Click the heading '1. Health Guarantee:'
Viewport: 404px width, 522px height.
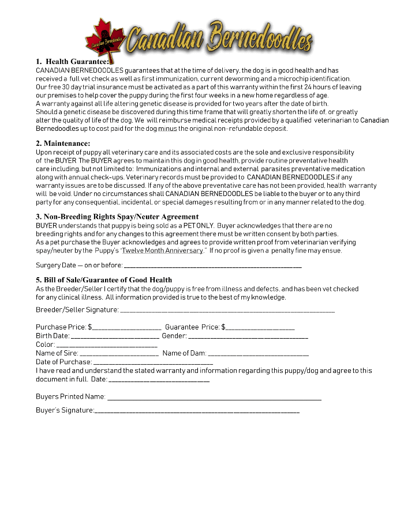coord(72,61)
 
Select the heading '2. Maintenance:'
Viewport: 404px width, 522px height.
coord(63,143)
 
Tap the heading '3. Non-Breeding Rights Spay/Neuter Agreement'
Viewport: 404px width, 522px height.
coord(117,217)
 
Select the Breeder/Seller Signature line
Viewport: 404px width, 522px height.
coord(227,311)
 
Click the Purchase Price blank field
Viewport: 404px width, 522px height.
coord(127,328)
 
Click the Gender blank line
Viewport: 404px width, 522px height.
coord(248,336)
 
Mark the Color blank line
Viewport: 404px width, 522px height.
coord(107,345)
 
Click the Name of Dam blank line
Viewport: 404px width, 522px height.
coord(258,354)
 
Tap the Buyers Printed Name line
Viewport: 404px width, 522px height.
coord(214,398)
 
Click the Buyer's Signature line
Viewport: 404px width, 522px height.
coord(197,411)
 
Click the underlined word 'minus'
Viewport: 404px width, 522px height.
coord(167,128)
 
